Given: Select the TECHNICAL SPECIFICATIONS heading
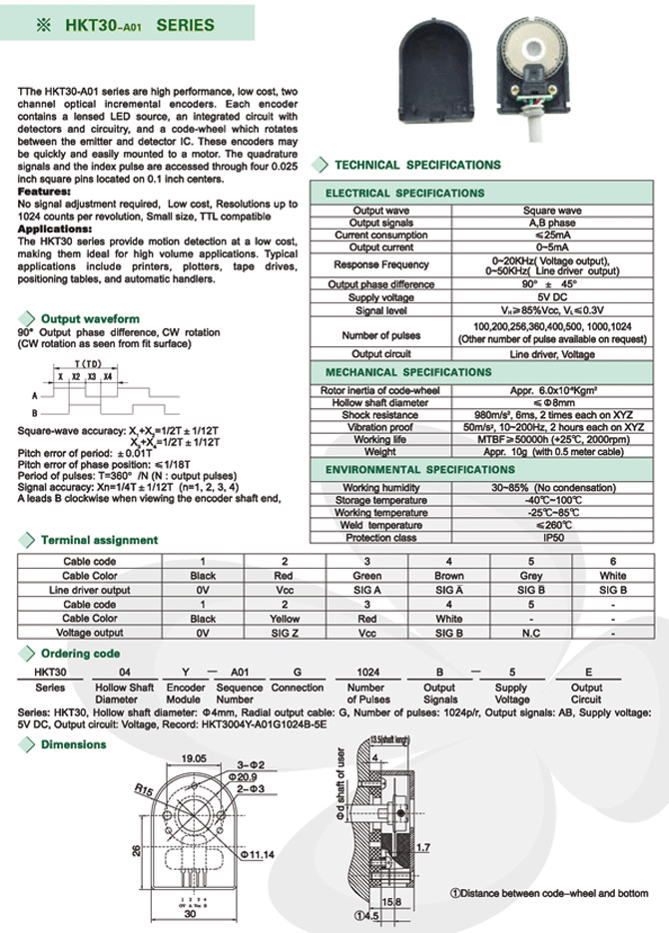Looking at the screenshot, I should (417, 165).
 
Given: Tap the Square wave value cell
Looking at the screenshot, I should (552, 212).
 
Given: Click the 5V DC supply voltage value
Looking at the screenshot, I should (552, 298).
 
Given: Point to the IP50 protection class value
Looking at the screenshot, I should (552, 537).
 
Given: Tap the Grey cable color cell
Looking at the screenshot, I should (531, 576).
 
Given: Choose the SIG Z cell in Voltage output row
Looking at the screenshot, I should (285, 633).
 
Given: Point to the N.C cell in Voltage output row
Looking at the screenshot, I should (531, 633).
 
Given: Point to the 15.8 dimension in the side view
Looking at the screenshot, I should (395, 904).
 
